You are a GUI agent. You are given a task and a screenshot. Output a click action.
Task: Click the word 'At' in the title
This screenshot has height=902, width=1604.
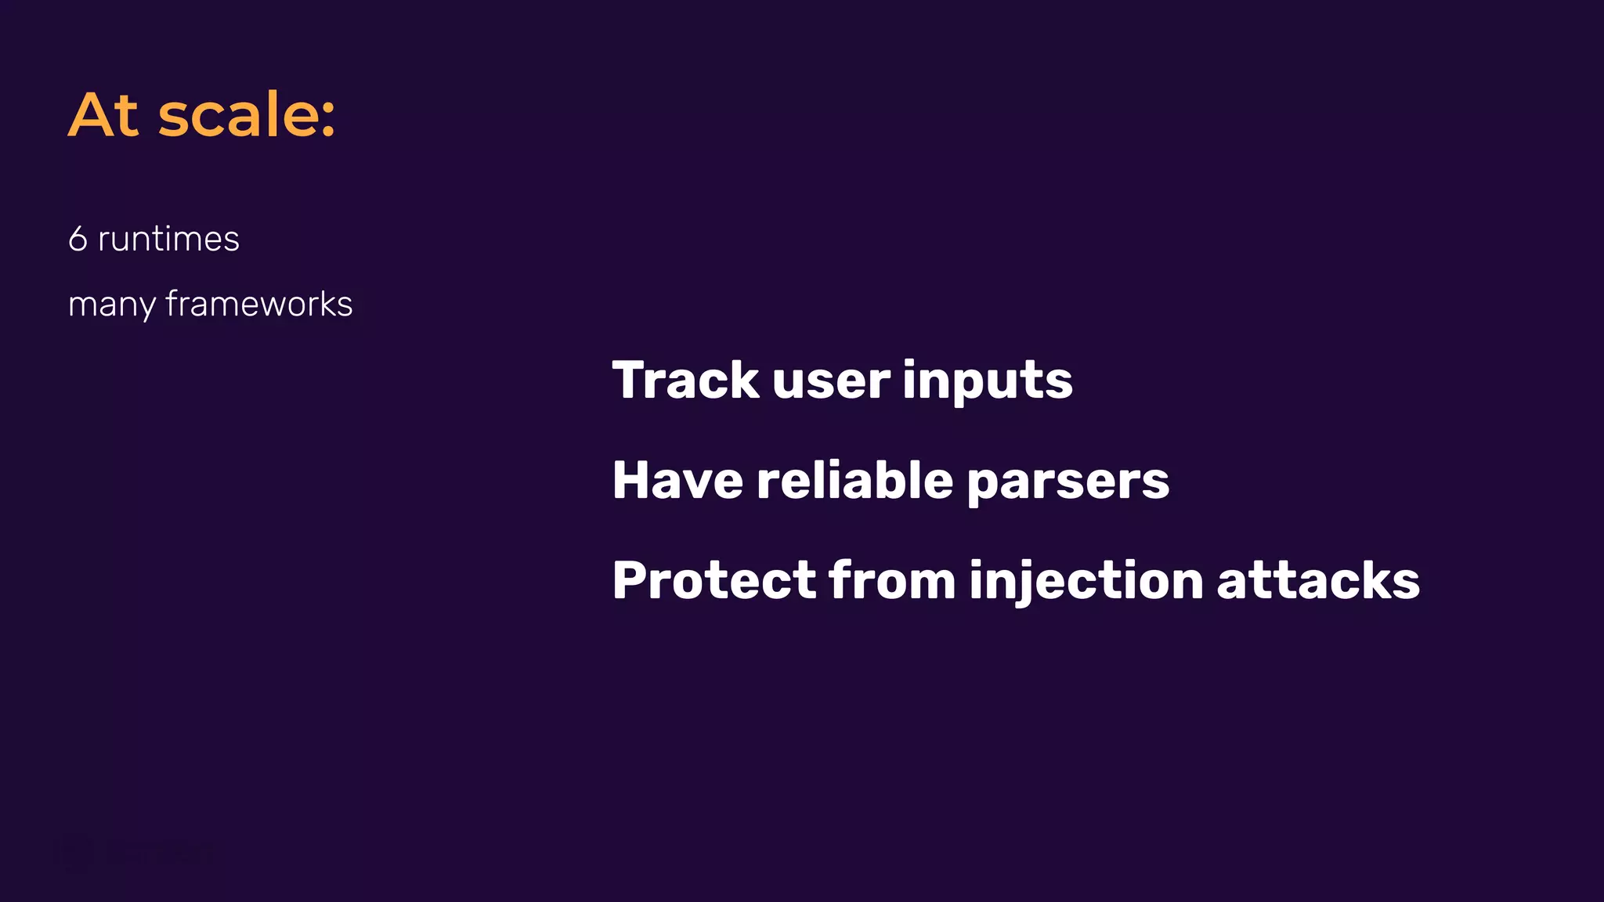pyautogui.click(x=104, y=115)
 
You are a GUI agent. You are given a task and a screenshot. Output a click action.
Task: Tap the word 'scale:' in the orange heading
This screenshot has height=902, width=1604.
pyautogui.click(x=247, y=115)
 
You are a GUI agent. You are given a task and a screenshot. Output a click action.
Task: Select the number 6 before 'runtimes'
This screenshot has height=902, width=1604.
pyautogui.click(x=78, y=239)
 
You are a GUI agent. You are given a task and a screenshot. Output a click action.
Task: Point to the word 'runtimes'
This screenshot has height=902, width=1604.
pyautogui.click(x=168, y=239)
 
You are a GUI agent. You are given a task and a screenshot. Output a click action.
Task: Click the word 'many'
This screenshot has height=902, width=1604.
pyautogui.click(x=111, y=305)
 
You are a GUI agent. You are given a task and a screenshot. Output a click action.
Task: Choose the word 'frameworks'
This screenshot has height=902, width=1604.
pyautogui.click(x=259, y=304)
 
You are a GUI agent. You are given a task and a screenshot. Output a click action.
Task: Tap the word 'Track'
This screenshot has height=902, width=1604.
pyautogui.click(x=685, y=381)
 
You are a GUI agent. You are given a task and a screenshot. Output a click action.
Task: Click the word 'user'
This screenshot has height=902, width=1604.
pyautogui.click(x=831, y=382)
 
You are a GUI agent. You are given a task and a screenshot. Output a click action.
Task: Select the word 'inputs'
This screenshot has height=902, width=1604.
pyautogui.click(x=987, y=382)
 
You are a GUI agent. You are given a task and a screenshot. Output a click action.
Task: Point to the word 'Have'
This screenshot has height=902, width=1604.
pyautogui.click(x=677, y=480)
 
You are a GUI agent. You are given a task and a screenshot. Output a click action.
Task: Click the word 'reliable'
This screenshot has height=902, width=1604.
pyautogui.click(x=854, y=480)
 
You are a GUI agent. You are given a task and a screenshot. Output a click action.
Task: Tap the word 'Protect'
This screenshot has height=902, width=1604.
pyautogui.click(x=713, y=580)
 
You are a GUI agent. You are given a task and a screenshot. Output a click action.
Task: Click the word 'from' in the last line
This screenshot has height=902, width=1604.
pyautogui.click(x=892, y=580)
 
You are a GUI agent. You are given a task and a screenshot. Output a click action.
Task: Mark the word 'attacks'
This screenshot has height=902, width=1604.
pyautogui.click(x=1318, y=580)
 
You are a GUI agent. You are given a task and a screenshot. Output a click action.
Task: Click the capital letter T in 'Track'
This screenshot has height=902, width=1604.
pyautogui.click(x=630, y=381)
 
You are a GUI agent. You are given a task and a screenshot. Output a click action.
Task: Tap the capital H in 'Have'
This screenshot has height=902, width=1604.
pyautogui.click(x=633, y=480)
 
